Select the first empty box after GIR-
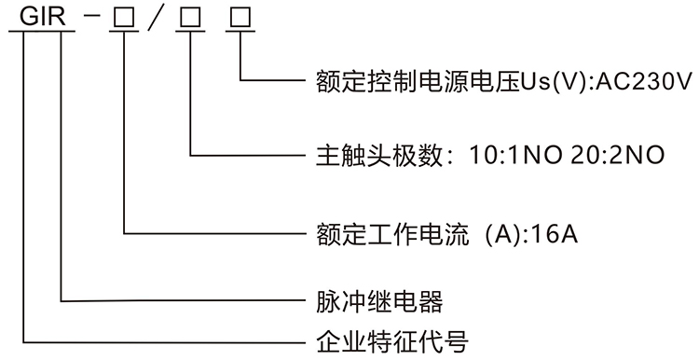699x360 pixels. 122,17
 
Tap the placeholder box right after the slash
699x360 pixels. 190,17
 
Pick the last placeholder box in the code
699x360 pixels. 241,17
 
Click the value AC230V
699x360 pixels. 642,81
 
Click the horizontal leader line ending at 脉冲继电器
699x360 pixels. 186,300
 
